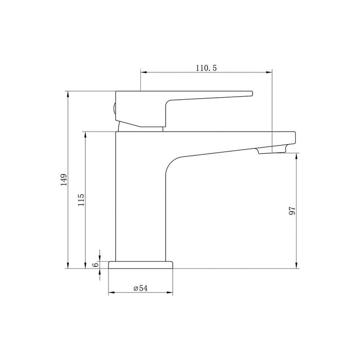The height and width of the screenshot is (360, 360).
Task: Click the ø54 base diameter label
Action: coord(140,289)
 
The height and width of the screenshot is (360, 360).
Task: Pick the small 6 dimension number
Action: coord(95,264)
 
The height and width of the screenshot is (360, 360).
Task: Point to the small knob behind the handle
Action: coord(114,109)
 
